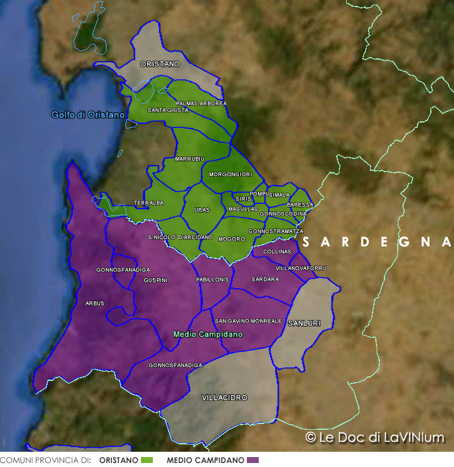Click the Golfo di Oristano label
88,115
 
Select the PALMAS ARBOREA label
201,103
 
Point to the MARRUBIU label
190,159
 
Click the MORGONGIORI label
230,174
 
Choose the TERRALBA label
148,203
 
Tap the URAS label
202,210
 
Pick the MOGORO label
232,238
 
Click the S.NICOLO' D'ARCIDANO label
181,236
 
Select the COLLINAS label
277,252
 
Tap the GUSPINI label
156,280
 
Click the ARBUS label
95,303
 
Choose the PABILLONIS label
212,280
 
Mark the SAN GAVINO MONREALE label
248,321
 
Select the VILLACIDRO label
224,397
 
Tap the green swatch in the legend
147,460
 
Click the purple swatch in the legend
253,460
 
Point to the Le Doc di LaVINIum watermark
374,437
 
